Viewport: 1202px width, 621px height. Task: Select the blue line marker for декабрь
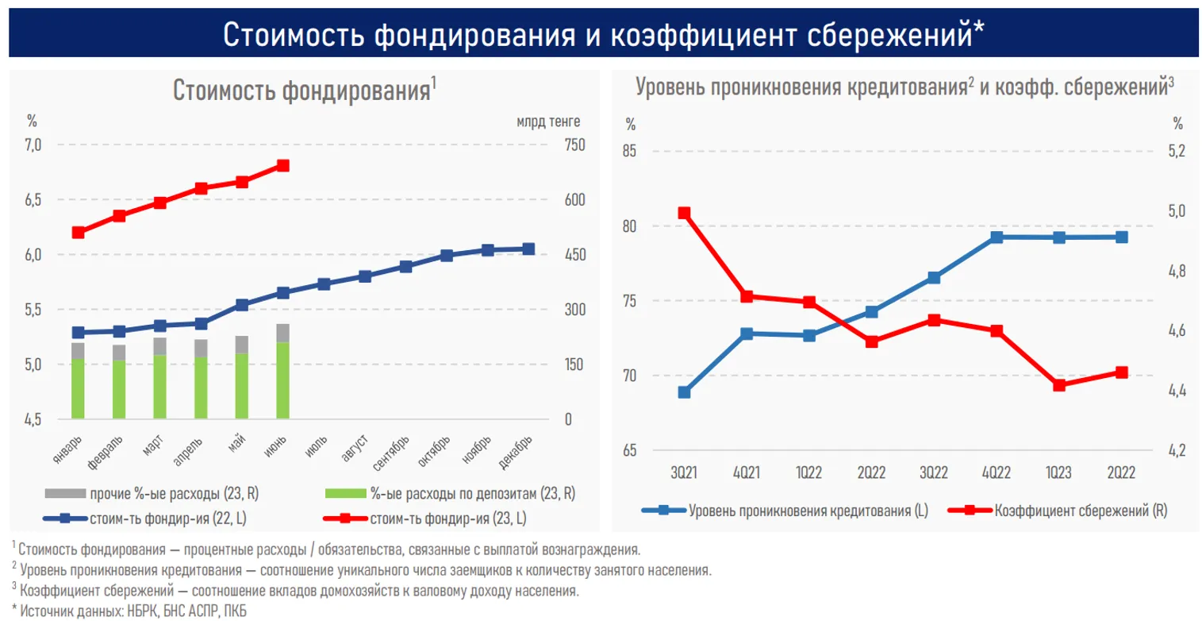(x=528, y=249)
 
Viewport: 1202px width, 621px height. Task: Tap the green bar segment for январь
(x=78, y=388)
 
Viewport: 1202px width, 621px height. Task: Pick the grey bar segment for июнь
(x=282, y=333)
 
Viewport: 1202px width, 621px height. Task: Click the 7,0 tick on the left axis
(x=34, y=145)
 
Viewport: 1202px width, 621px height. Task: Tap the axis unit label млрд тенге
(x=548, y=121)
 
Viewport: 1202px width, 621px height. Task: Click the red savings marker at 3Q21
(x=684, y=213)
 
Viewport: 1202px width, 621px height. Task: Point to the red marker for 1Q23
(x=1058, y=385)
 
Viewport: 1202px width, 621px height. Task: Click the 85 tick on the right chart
(x=630, y=151)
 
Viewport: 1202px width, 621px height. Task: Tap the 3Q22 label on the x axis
(x=934, y=472)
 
